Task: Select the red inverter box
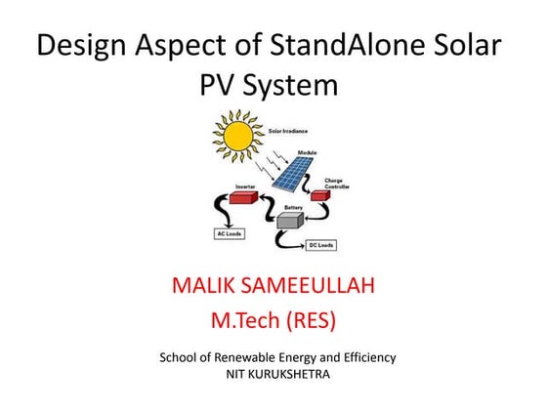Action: pos(244,196)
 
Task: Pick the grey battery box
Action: pos(290,221)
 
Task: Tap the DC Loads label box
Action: pos(323,244)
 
